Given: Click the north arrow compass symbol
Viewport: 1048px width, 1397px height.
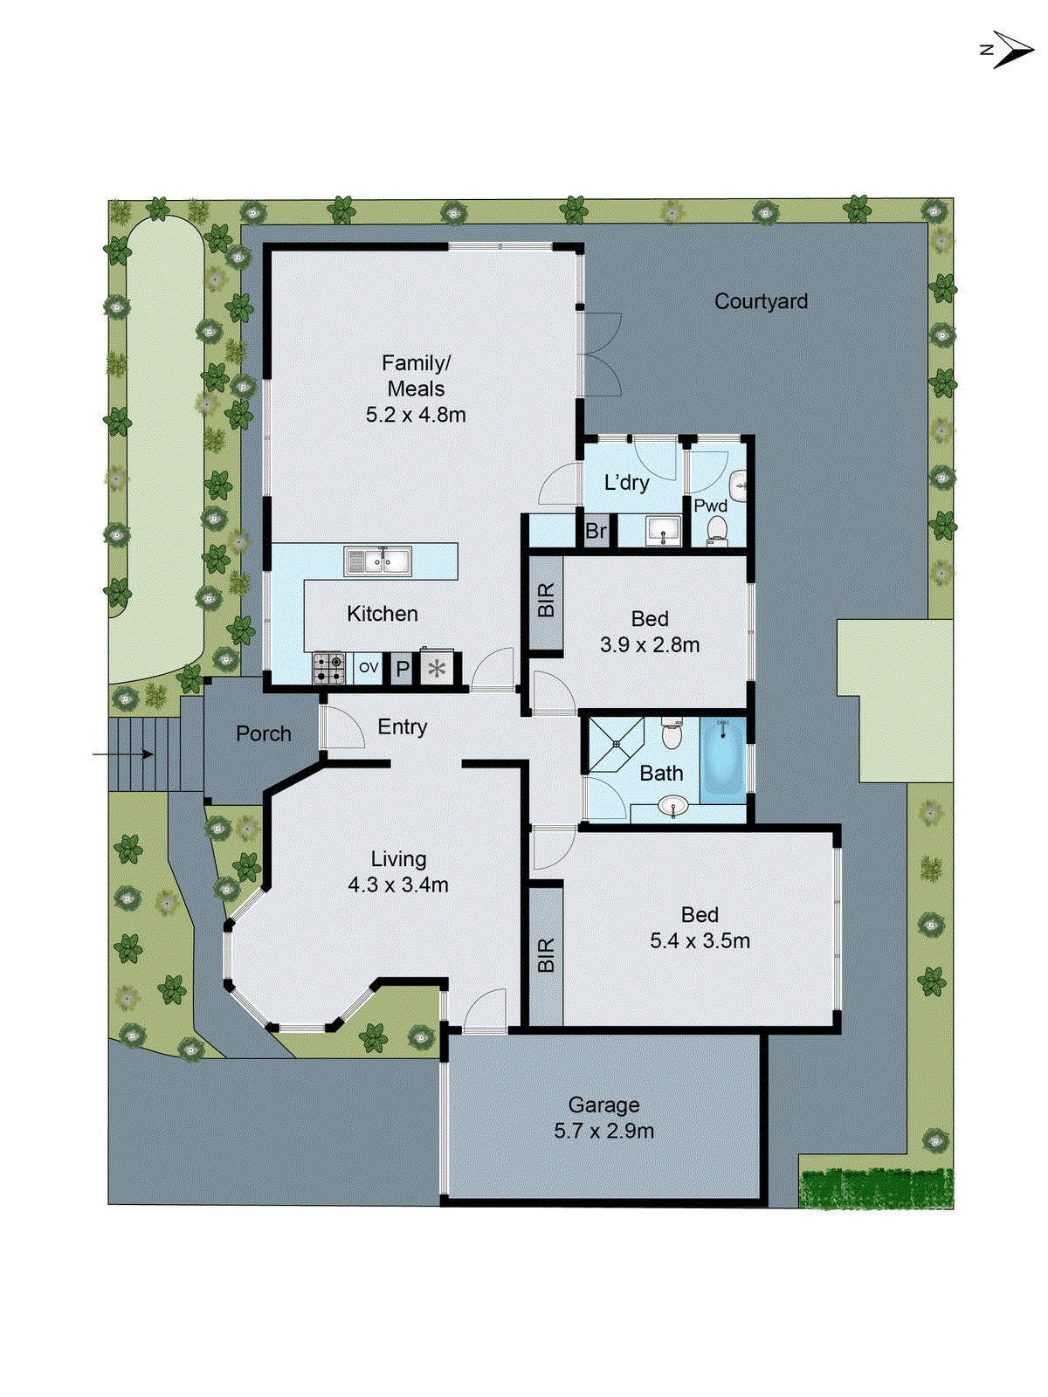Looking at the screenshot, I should [x=1010, y=50].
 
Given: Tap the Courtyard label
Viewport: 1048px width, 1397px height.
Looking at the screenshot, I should [x=761, y=301].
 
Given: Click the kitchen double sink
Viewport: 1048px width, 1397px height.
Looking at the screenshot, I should [x=378, y=561].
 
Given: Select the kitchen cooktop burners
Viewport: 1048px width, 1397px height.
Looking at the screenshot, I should [x=329, y=668].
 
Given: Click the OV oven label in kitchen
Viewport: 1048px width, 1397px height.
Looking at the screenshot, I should [x=369, y=668].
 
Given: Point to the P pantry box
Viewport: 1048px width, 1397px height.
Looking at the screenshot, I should [x=402, y=669].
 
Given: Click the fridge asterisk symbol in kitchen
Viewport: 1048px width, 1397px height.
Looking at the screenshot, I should [x=437, y=669].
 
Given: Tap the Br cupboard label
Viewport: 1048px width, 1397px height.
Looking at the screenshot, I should [x=596, y=531].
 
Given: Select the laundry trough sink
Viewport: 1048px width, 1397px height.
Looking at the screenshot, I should [x=663, y=530].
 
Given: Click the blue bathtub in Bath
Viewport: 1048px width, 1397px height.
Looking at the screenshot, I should [x=723, y=757].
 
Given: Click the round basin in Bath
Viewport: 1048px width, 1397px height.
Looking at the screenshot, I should [x=673, y=806].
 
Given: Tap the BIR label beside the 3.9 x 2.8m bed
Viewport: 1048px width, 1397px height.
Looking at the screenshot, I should [x=547, y=601].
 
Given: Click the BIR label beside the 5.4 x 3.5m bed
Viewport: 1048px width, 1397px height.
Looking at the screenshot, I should [x=547, y=955].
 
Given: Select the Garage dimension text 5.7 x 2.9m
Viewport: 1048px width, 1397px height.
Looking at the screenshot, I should [x=603, y=1131].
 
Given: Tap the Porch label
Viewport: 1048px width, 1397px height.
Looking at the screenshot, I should [x=264, y=734].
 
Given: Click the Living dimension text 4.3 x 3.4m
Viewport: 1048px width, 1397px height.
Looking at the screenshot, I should [x=398, y=884].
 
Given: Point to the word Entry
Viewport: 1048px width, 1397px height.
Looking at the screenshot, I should [x=403, y=726].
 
